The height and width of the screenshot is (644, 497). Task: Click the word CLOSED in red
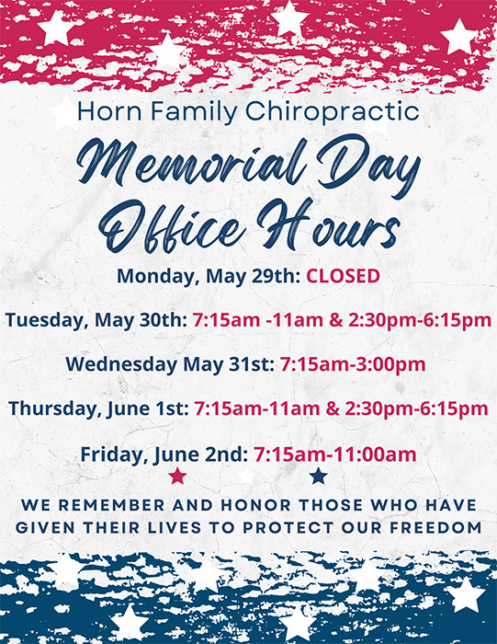coord(344,276)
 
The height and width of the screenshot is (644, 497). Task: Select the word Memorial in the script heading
coord(192,161)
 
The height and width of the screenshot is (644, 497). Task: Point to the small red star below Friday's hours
coord(177,476)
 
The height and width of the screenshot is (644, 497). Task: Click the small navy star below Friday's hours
coord(318,476)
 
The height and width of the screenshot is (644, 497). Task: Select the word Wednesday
coord(122,364)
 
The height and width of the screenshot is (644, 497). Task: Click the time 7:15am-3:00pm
coord(353,364)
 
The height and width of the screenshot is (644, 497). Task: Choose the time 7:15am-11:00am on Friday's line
coord(334,454)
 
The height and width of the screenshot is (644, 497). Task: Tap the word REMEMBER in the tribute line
coord(112,505)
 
